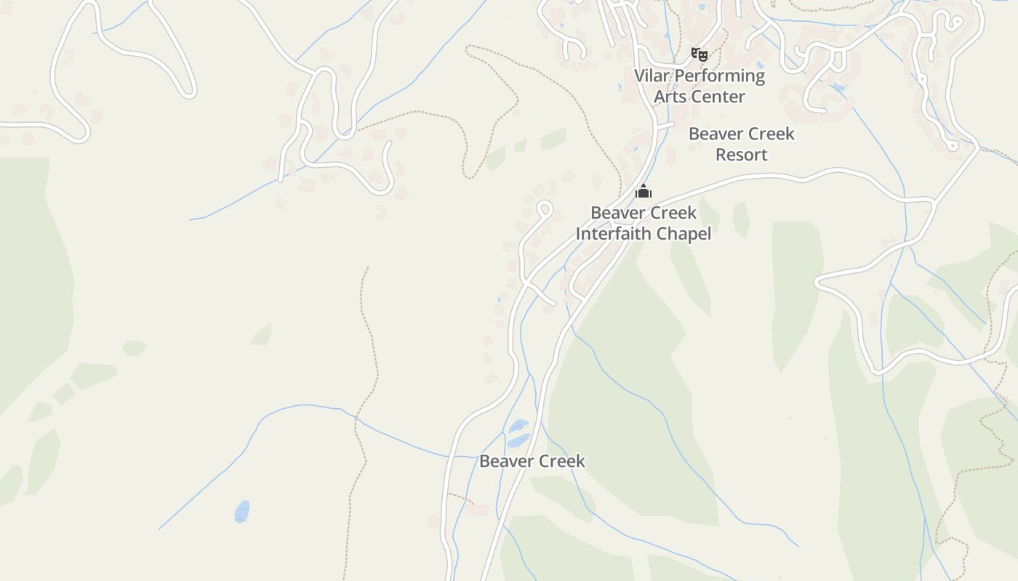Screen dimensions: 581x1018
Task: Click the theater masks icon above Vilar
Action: click(699, 54)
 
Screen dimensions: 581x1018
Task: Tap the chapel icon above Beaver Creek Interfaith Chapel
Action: click(644, 192)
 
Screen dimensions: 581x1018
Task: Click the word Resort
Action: click(741, 155)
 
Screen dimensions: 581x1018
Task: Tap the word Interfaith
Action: click(615, 234)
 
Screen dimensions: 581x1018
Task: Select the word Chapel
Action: click(684, 234)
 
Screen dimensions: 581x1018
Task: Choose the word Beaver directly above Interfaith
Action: click(617, 213)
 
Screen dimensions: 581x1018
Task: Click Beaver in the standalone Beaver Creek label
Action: click(505, 461)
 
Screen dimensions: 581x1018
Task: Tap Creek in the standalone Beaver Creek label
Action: click(561, 461)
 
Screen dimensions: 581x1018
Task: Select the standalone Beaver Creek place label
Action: click(532, 461)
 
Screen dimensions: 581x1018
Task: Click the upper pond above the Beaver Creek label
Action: click(518, 426)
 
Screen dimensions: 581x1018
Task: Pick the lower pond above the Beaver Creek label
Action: click(518, 440)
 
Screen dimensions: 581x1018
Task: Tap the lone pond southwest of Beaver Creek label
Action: click(242, 511)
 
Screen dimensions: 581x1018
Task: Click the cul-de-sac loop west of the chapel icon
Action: click(545, 210)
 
